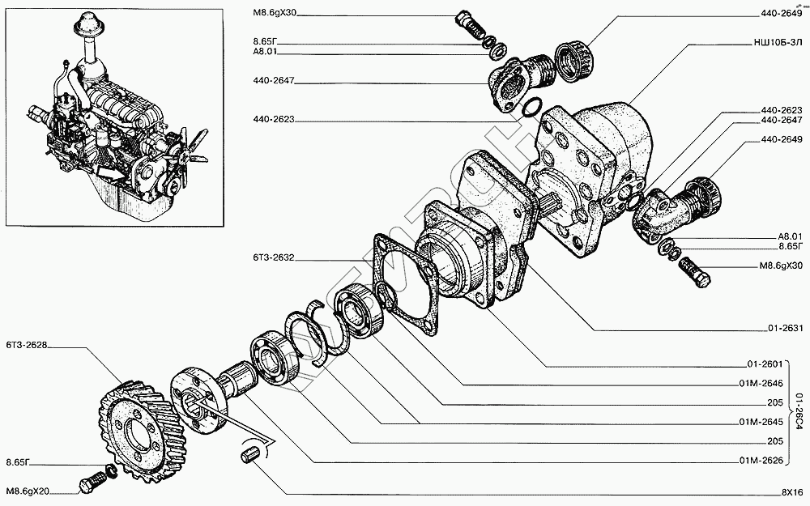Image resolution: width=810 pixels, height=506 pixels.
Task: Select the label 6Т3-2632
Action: pos(274,259)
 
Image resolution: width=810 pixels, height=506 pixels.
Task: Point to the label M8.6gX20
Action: pos(28,491)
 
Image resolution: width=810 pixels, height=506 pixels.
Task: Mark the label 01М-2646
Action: pos(759,384)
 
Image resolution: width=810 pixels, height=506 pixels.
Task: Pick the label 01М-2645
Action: pos(759,422)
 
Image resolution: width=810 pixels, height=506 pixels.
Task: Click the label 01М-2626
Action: pos(759,461)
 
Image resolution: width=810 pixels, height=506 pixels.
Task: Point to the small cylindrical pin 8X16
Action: pos(249,456)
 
